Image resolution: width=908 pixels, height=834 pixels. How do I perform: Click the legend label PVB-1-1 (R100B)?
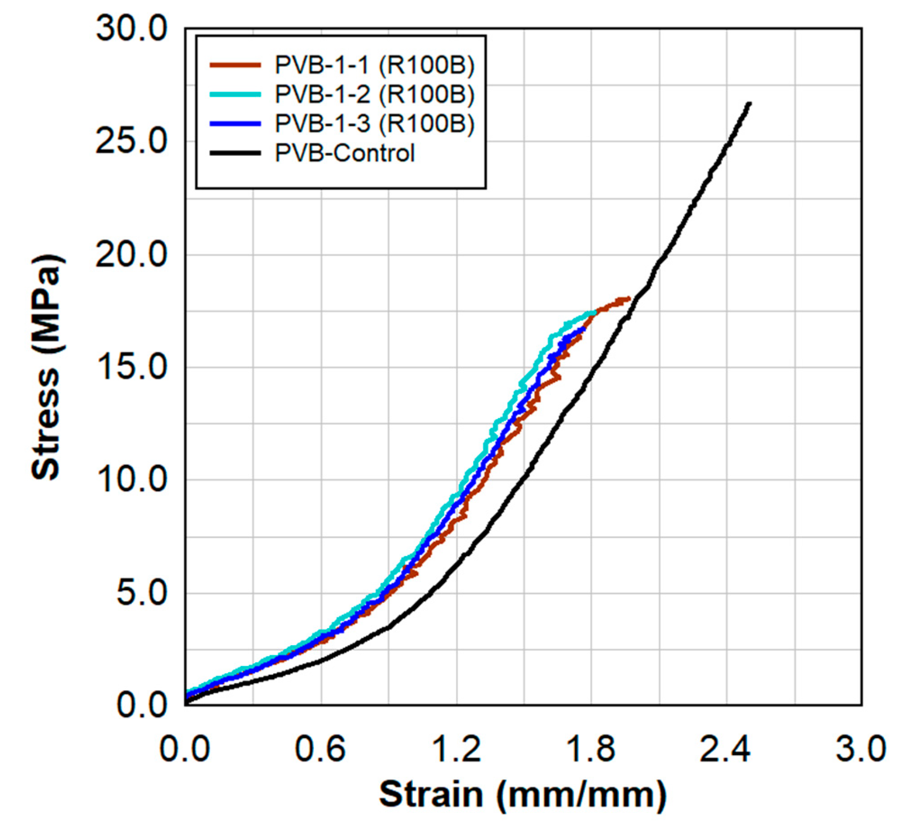click(374, 65)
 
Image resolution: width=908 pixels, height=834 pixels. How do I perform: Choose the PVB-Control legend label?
click(345, 153)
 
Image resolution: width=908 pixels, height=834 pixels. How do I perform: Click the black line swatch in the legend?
click(235, 153)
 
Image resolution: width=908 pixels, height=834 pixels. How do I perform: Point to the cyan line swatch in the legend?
click(235, 94)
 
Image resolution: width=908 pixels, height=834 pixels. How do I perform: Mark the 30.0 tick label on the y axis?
click(131, 30)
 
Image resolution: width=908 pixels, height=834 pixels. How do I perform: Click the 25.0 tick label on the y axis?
click(131, 142)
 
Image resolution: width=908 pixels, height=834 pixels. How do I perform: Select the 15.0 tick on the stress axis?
click(131, 368)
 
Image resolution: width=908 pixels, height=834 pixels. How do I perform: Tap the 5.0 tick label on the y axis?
click(141, 593)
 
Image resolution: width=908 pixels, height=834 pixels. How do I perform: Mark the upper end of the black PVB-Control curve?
click(749, 103)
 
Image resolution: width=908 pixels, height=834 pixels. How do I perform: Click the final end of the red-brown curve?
click(628, 299)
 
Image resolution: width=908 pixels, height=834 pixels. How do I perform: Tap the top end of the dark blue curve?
click(585, 328)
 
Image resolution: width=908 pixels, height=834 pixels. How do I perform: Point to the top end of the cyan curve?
click(595, 312)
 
